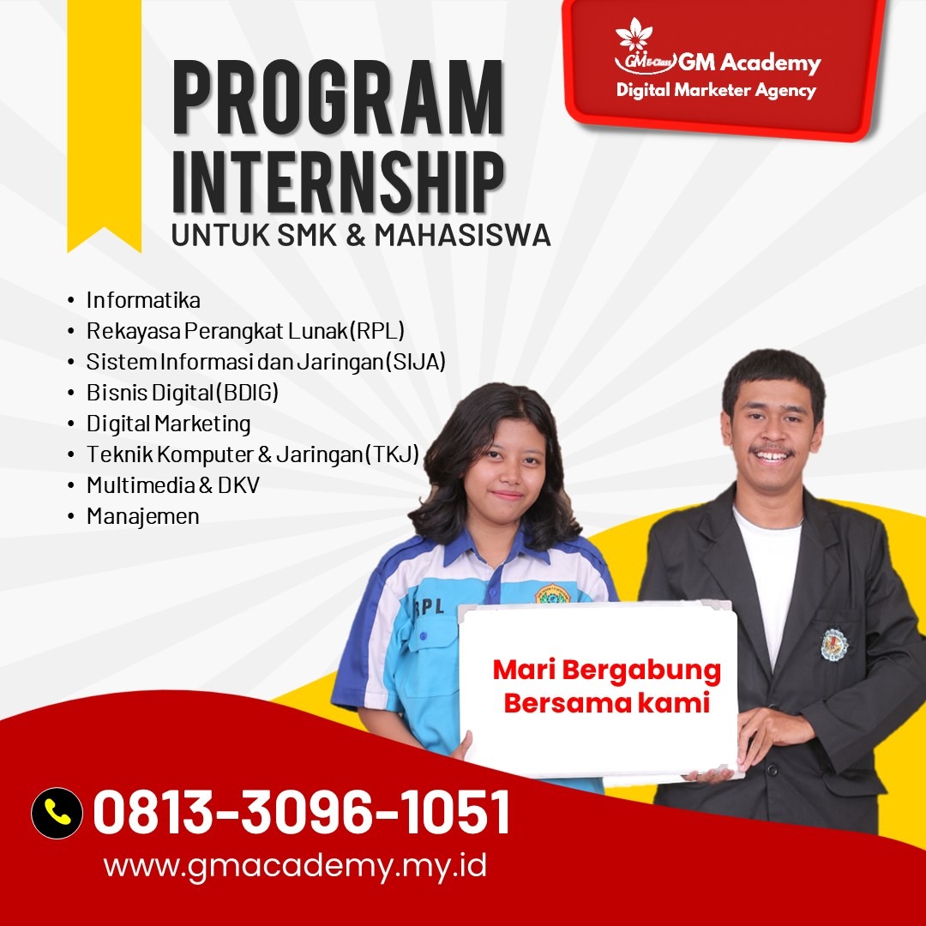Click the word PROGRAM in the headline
(338, 98)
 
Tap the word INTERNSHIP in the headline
(338, 182)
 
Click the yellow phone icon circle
(57, 813)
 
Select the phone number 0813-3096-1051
(301, 813)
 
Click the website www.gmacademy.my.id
(295, 866)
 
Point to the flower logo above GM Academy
(634, 34)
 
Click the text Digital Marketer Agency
(716, 90)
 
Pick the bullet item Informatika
(143, 300)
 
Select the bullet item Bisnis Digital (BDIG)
(182, 393)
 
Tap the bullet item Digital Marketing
(168, 424)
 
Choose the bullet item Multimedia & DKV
(172, 485)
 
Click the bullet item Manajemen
(142, 516)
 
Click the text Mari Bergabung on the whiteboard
(606, 671)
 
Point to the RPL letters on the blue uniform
(430, 607)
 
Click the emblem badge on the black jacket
(834, 644)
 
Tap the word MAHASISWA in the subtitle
(462, 235)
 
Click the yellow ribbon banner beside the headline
(104, 125)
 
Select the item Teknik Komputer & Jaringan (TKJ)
(252, 454)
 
